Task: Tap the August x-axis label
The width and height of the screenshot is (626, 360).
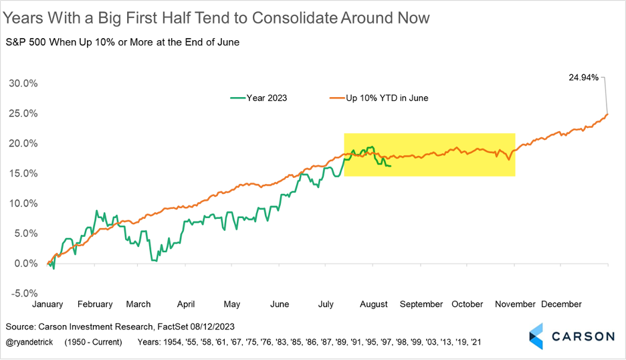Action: (374, 304)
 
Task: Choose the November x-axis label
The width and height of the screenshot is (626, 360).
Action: (515, 304)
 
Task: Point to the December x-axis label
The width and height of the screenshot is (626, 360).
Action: (562, 304)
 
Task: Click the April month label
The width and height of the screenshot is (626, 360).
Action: (187, 304)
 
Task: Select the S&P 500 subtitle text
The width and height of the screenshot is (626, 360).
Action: (122, 43)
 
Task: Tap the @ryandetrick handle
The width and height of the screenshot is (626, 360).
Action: (31, 342)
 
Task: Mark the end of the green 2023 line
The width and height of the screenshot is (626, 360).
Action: (391, 166)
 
